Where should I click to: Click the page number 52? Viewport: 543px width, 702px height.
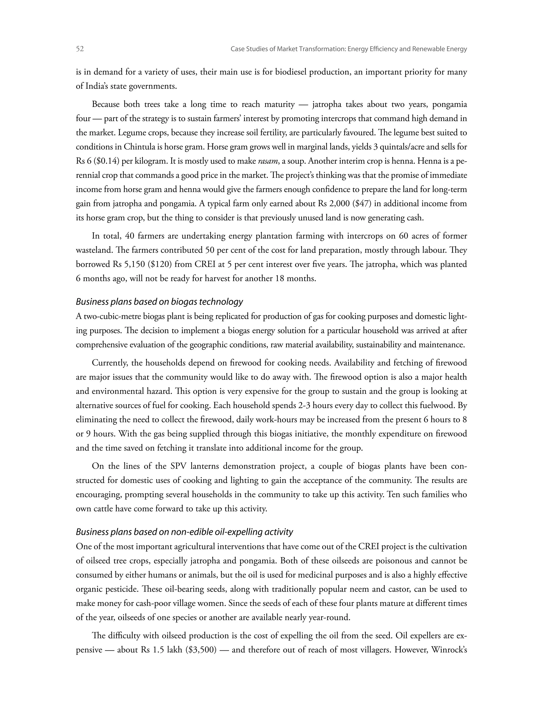80,49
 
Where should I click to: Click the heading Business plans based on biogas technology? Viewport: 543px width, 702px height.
159,302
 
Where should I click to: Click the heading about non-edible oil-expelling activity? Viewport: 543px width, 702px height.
184,532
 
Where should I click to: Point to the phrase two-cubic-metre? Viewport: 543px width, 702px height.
112,317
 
